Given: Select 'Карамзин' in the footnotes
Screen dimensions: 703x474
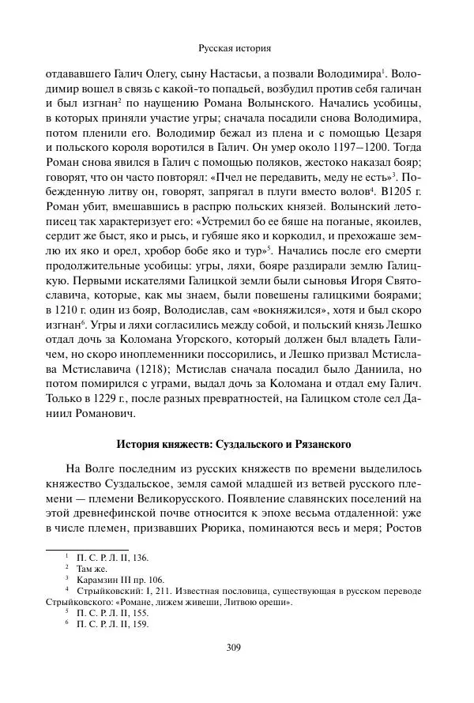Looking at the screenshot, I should (x=98, y=578).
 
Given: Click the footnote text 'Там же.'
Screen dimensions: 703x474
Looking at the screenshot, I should (x=93, y=567).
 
